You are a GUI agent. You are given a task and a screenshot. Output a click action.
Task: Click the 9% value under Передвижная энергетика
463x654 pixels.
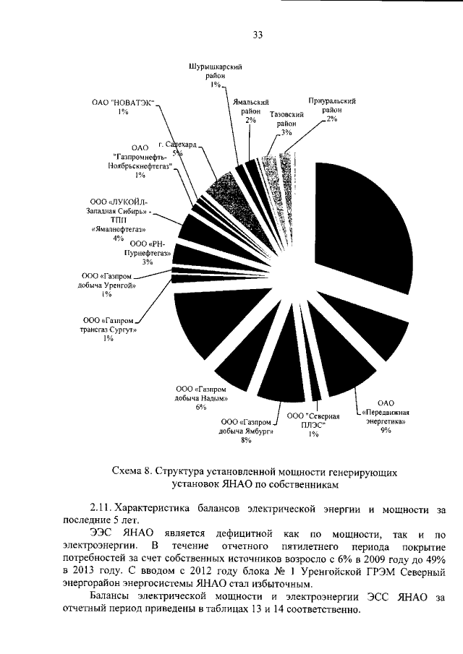[x=385, y=430]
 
